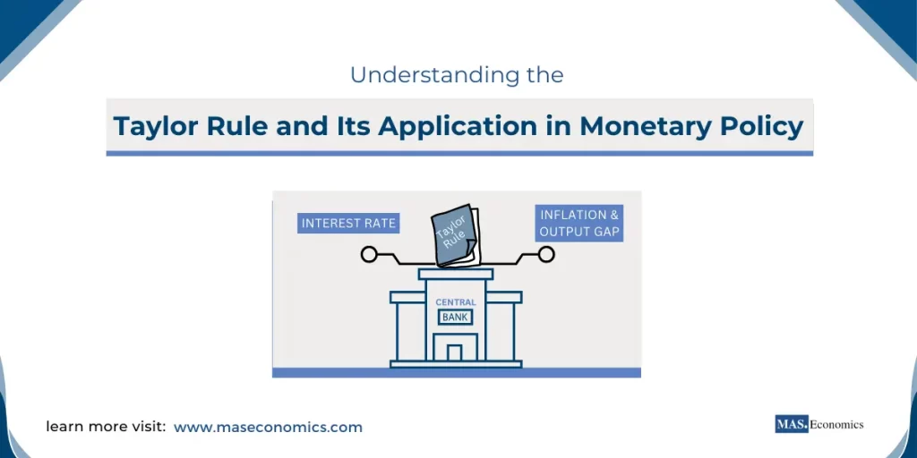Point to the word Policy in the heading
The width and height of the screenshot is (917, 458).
(761, 126)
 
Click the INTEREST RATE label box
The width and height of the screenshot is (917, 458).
(348, 223)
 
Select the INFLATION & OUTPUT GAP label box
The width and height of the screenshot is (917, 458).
(579, 223)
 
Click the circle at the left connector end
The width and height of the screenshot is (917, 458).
(368, 255)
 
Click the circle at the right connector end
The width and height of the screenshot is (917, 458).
(545, 255)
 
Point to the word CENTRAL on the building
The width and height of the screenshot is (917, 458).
(456, 302)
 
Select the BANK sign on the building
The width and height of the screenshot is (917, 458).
(455, 317)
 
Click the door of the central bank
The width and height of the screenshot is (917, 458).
(455, 352)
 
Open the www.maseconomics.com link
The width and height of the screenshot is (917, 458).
(268, 428)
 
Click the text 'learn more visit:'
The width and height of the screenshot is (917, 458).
(106, 428)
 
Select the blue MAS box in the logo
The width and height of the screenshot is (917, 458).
(791, 424)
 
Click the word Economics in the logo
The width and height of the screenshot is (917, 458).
(837, 424)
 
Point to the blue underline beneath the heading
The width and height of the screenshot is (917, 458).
(458, 153)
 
